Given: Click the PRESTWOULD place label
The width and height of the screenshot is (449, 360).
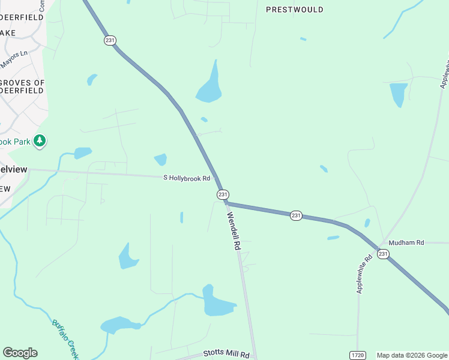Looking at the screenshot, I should (x=294, y=10).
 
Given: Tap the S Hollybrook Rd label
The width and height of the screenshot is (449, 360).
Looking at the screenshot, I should (x=187, y=178).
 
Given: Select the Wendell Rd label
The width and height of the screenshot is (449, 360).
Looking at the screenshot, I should (x=233, y=231).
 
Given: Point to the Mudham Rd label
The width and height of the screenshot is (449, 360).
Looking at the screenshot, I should (x=406, y=242).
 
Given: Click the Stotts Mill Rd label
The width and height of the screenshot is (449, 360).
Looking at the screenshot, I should (x=225, y=353).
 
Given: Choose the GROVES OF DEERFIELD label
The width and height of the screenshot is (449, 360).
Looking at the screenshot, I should (x=22, y=86).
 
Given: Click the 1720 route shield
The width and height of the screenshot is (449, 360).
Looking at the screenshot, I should (x=358, y=355).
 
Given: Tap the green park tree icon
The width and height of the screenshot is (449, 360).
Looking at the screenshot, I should (x=40, y=141).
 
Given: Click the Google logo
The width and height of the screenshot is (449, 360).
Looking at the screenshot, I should (x=20, y=353).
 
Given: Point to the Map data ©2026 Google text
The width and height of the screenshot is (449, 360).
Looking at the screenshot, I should (x=411, y=355).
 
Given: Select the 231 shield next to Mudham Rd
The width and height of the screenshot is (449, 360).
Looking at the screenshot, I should (x=384, y=254).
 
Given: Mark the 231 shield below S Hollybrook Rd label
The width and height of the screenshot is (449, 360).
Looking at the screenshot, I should (x=223, y=194).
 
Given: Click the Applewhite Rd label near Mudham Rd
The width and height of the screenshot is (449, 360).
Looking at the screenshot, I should (x=364, y=273).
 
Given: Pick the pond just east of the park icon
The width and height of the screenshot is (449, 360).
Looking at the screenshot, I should (x=83, y=153).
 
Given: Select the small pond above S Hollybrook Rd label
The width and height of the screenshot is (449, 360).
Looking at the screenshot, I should (x=160, y=159).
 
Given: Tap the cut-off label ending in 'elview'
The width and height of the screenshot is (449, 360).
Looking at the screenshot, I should (x=13, y=169).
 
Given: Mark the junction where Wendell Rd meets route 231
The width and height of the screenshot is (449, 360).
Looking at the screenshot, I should (x=226, y=203).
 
